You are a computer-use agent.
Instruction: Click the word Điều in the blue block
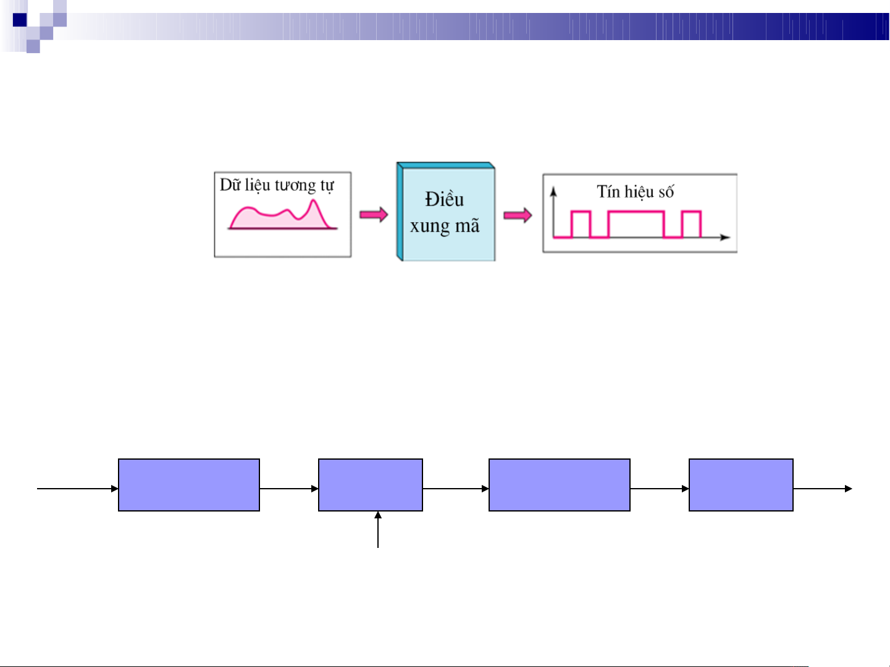(444, 199)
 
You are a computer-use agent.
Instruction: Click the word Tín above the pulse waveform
(608, 191)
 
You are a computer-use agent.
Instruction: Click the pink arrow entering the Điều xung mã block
(374, 214)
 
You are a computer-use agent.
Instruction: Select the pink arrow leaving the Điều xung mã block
(518, 215)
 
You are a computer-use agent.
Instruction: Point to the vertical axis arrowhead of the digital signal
(553, 191)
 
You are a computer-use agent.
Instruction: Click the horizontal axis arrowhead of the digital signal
(725, 238)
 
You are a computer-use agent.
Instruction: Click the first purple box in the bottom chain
(188, 485)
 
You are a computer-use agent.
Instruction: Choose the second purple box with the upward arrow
(370, 485)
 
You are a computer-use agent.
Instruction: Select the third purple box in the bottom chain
(559, 485)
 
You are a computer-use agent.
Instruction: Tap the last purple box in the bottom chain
(741, 485)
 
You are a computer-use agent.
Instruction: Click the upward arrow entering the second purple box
(378, 529)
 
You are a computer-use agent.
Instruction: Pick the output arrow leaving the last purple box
(823, 489)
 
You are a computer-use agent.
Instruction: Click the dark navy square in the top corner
(20, 20)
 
